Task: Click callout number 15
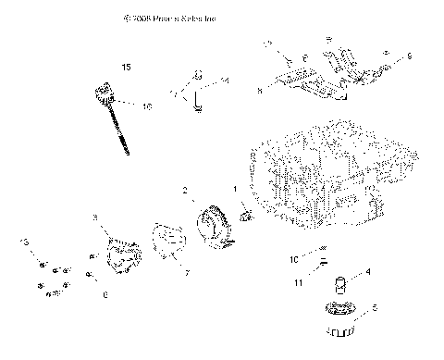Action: pos(127,66)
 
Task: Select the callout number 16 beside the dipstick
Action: pos(146,107)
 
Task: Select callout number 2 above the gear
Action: pos(185,191)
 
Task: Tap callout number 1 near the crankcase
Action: pos(236,190)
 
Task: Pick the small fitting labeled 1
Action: pos(246,217)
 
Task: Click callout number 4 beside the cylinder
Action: pos(368,272)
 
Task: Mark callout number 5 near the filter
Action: pos(374,308)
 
